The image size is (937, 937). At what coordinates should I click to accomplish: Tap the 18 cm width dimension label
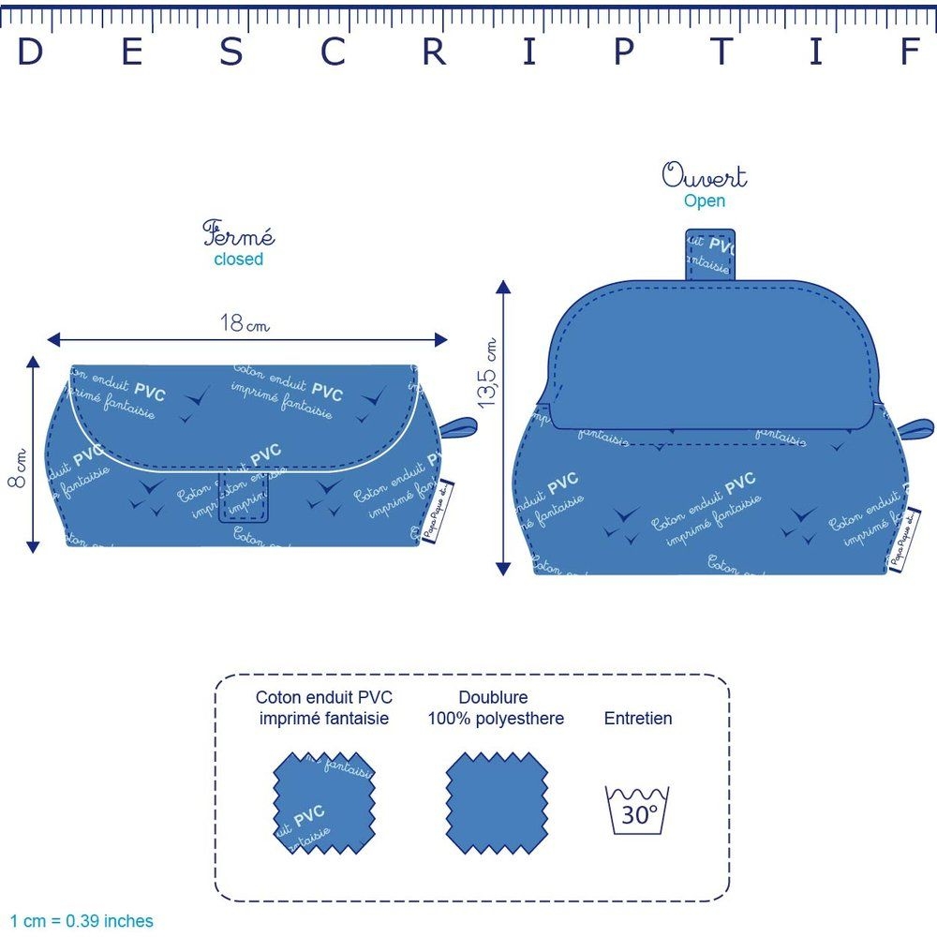click(x=244, y=324)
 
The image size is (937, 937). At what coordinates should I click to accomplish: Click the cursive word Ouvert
click(x=705, y=176)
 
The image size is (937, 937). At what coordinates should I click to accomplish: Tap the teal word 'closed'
click(x=239, y=260)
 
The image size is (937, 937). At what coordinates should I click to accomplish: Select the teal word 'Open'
click(x=705, y=201)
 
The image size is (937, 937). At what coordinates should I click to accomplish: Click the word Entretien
click(x=638, y=719)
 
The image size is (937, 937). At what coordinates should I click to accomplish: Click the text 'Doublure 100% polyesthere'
click(x=496, y=708)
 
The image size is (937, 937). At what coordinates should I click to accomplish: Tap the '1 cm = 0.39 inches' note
click(x=82, y=921)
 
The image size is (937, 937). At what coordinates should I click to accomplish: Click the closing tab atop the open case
click(x=710, y=254)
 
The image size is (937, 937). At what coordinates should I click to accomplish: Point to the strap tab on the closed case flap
click(x=245, y=497)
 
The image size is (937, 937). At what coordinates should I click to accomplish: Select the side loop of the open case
click(x=917, y=428)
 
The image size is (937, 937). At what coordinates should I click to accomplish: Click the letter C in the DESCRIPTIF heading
click(x=334, y=52)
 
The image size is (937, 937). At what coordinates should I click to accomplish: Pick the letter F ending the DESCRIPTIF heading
click(x=910, y=52)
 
